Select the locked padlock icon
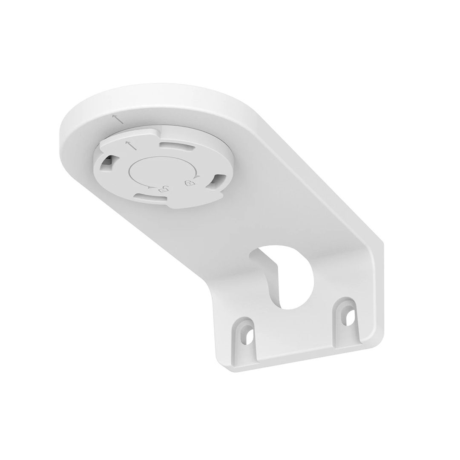click(x=188, y=183)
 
